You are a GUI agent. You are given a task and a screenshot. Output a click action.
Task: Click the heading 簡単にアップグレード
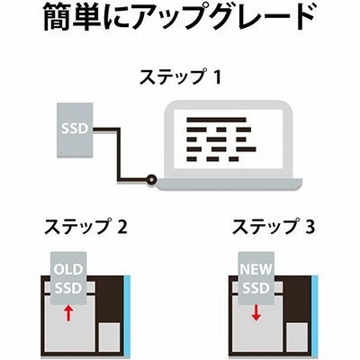[x=179, y=16]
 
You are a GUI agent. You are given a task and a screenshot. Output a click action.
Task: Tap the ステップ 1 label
[x=180, y=76]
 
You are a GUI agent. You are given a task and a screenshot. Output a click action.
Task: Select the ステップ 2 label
[x=85, y=227]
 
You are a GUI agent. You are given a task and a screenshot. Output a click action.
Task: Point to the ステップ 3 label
[x=274, y=227]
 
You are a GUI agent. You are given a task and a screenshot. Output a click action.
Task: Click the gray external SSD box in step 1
[x=75, y=130]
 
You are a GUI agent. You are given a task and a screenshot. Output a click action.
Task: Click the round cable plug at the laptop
[x=151, y=180]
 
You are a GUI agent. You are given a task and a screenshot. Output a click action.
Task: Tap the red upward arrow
[x=68, y=313]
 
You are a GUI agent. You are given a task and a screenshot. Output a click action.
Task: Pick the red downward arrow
[x=256, y=313]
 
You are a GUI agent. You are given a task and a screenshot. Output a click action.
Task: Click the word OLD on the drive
[x=68, y=269]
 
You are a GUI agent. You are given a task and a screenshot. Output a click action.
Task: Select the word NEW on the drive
[x=256, y=269]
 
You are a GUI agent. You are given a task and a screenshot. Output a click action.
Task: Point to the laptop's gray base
[x=227, y=184]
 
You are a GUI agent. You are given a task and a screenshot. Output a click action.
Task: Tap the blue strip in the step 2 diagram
[x=127, y=316]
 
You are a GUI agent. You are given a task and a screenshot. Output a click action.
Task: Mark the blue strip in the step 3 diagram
[x=315, y=316]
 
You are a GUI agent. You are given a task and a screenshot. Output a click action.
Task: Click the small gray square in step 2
[x=109, y=337]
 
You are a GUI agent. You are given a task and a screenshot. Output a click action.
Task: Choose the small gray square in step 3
[x=297, y=337]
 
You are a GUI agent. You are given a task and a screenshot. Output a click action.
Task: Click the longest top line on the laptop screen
[x=216, y=120]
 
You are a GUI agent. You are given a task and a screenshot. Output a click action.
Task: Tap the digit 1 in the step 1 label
[x=217, y=77]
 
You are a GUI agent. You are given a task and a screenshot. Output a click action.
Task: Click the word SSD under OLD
[x=68, y=288]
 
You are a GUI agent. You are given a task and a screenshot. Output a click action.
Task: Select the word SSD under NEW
[x=256, y=288]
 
